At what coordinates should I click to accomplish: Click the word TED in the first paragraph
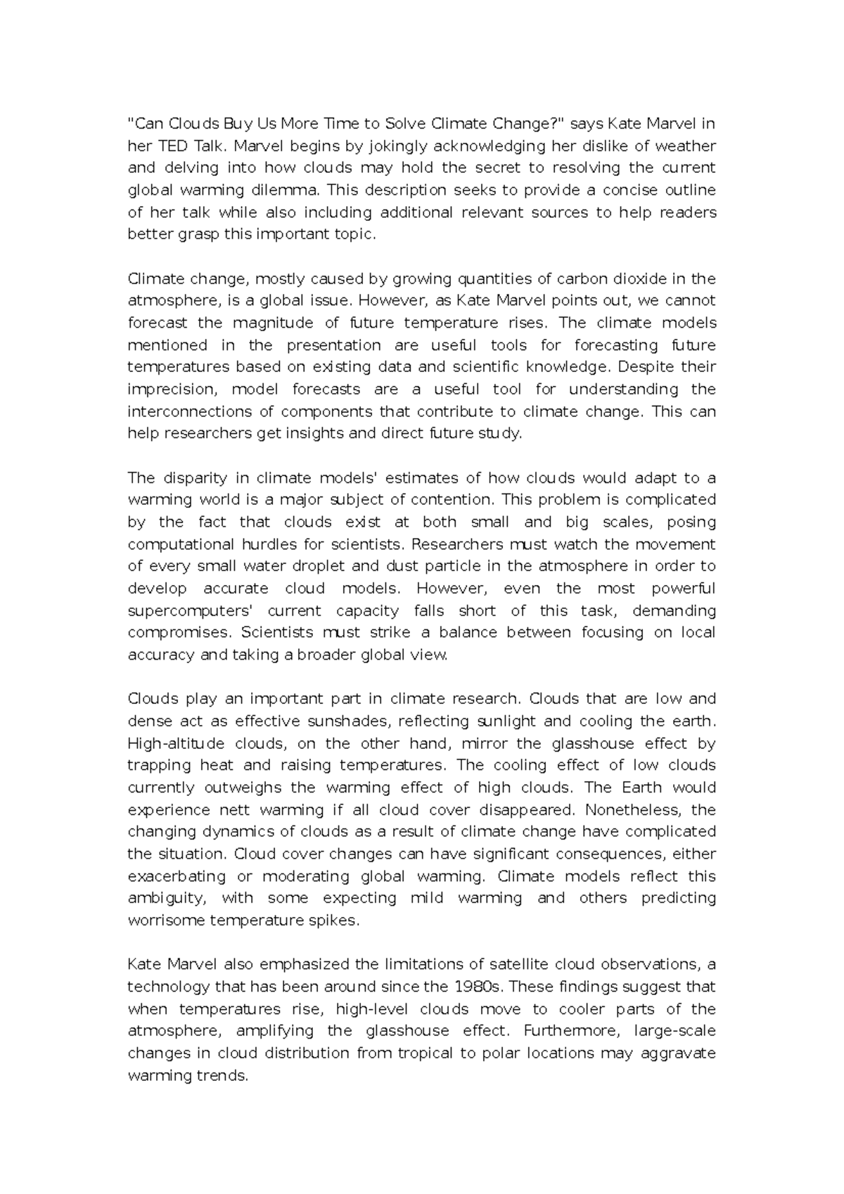point(172,146)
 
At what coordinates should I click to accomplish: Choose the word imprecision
point(170,390)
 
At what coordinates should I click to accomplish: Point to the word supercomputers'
point(190,610)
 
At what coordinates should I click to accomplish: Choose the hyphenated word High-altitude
point(177,744)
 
